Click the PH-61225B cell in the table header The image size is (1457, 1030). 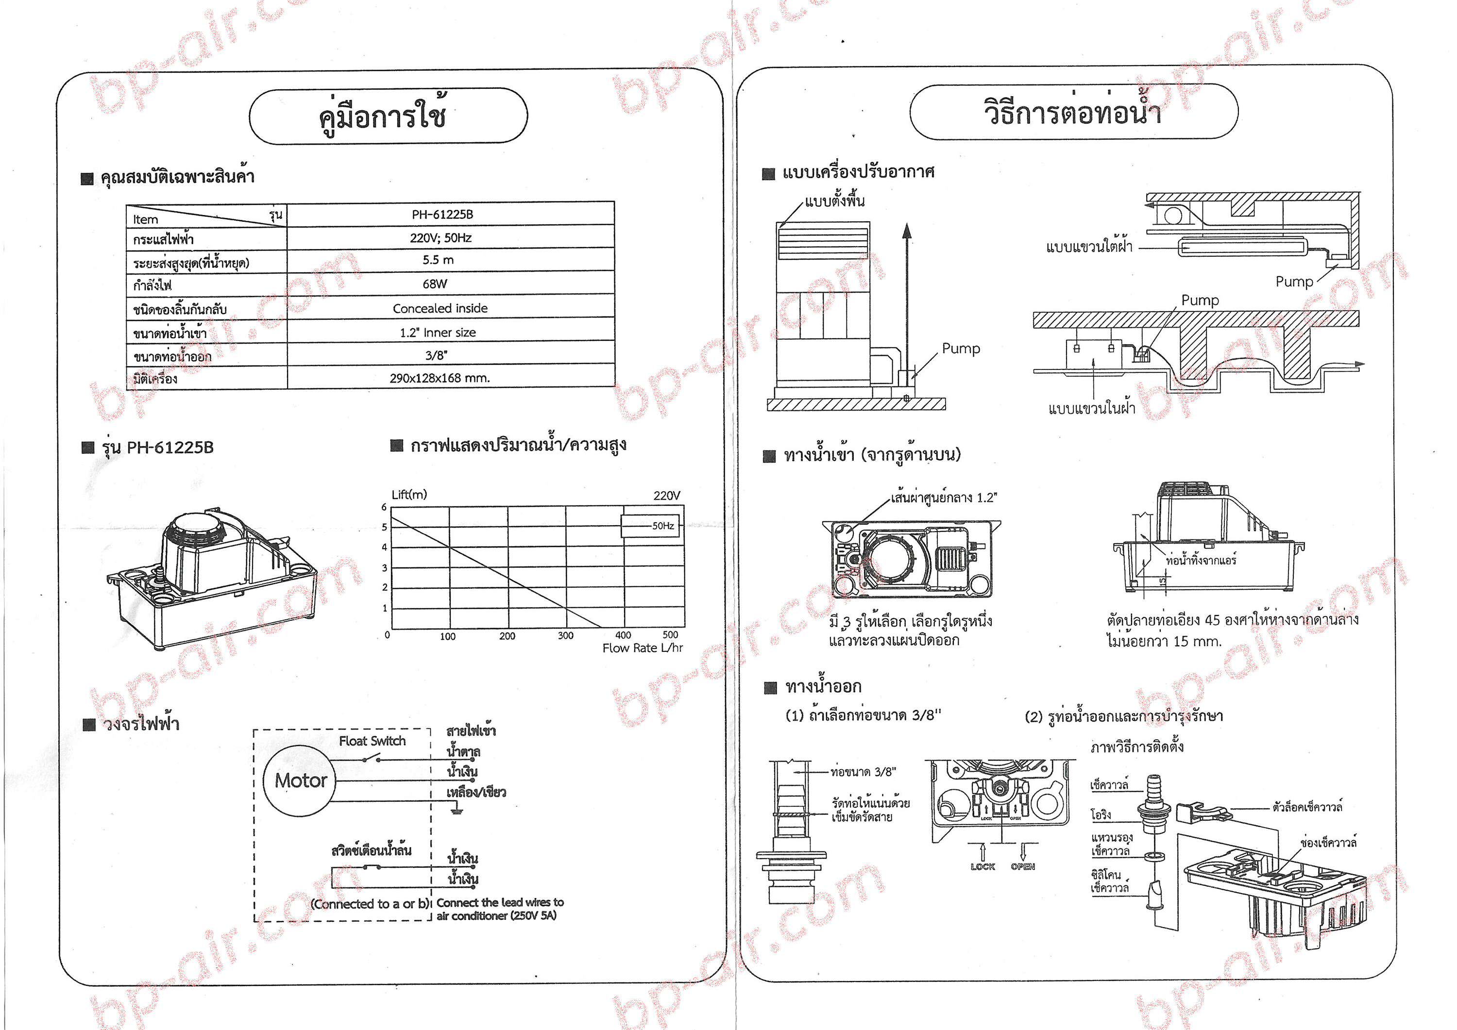[x=442, y=215]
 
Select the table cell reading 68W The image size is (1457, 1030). [x=435, y=284]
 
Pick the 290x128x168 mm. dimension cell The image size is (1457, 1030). [x=439, y=378]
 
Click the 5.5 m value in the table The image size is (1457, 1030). [x=438, y=260]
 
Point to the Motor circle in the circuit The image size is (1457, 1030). [x=300, y=781]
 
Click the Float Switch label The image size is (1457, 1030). [x=372, y=741]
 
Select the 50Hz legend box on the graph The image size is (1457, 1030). [x=650, y=526]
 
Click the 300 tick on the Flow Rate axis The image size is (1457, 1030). [x=565, y=635]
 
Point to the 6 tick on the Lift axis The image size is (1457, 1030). [x=384, y=507]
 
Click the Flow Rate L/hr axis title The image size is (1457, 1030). [x=642, y=648]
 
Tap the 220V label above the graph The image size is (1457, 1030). [x=666, y=495]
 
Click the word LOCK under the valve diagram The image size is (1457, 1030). [x=983, y=866]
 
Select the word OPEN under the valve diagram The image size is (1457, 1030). [x=1022, y=866]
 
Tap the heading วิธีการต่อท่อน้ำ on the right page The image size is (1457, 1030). [x=1072, y=112]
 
